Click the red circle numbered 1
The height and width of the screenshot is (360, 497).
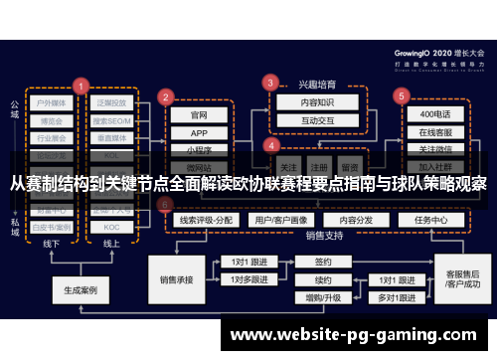82,86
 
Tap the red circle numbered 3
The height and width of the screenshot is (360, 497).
269,82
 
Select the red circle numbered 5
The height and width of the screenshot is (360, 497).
402,96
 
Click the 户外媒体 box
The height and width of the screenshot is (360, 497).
52,101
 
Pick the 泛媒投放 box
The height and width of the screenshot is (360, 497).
111,101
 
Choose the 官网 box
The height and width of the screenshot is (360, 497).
199,114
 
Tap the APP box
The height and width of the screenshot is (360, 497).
199,132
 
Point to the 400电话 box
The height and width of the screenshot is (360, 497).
433,114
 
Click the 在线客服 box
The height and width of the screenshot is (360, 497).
433,132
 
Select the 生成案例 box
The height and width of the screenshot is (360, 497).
80,291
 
